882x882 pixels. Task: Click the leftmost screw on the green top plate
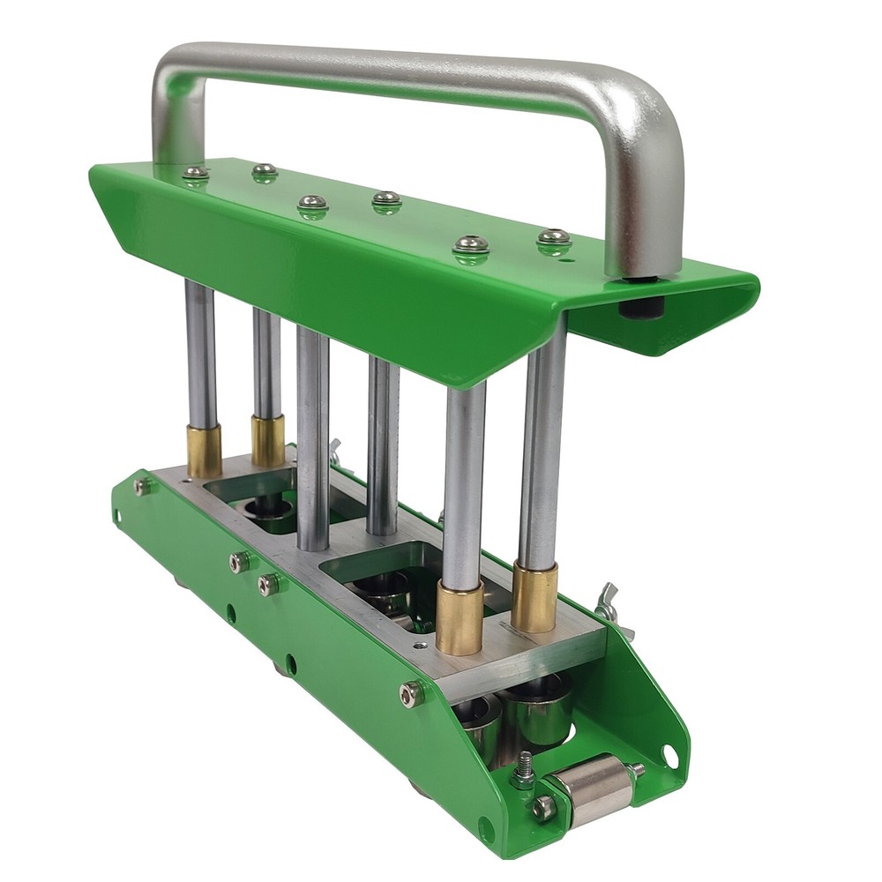click(196, 173)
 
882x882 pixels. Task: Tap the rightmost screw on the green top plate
click(554, 236)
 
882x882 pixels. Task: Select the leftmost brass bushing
click(204, 451)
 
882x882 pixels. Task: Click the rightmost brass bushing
click(534, 597)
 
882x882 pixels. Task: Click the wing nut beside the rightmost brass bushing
click(609, 601)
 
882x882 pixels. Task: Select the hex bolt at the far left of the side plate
click(141, 485)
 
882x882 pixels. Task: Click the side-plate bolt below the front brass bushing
click(411, 694)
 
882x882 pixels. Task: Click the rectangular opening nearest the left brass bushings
click(256, 503)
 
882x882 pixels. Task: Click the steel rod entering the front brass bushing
click(465, 485)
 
